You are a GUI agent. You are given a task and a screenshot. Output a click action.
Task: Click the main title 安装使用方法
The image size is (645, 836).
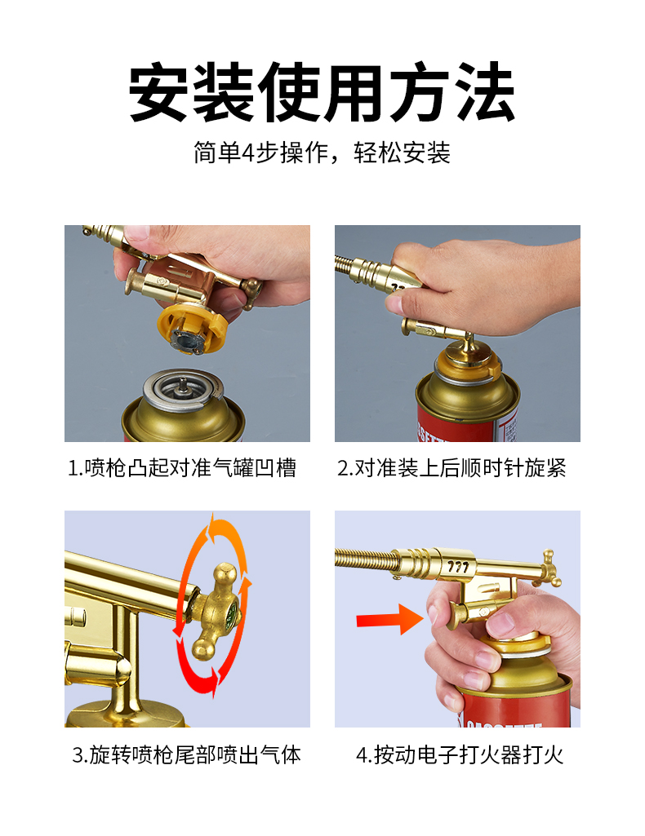pos(322,91)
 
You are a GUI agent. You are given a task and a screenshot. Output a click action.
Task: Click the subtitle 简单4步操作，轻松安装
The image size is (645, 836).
pos(322,153)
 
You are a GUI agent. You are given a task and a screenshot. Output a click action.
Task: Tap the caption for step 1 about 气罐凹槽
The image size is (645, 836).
pos(181,468)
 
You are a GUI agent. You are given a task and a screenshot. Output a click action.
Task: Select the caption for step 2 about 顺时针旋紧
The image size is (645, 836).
pos(451,468)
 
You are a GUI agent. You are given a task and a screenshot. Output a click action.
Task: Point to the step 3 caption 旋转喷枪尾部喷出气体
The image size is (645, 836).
pos(186,755)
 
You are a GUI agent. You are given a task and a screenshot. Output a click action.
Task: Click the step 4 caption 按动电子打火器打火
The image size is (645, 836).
pos(460,755)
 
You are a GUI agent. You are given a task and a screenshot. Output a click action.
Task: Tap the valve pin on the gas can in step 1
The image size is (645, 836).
pos(182,385)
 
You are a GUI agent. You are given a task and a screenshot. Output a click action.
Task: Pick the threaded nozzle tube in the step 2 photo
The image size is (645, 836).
pos(352,268)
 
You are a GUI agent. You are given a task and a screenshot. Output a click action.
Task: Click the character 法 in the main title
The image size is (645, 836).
pos(483,91)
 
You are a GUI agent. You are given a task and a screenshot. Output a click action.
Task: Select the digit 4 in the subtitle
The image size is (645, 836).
pos(248,153)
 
